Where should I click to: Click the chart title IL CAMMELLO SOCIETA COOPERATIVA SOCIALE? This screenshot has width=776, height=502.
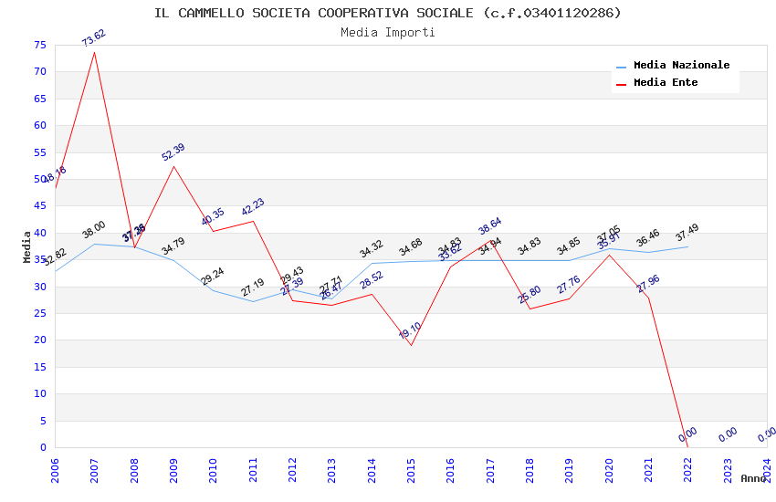pyautogui.click(x=387, y=13)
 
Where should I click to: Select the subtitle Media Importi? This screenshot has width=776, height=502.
pyautogui.click(x=387, y=32)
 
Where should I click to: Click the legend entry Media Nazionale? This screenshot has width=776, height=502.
pyautogui.click(x=681, y=66)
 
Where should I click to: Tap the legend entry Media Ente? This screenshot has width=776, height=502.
pyautogui.click(x=666, y=83)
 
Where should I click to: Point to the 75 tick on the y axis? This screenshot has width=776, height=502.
pyautogui.click(x=37, y=45)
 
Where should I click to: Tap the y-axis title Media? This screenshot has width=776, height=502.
pyautogui.click(x=27, y=246)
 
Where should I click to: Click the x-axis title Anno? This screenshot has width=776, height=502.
pyautogui.click(x=753, y=478)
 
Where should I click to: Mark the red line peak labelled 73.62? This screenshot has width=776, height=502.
pyautogui.click(x=95, y=52)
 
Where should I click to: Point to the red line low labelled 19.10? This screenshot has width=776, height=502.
pyautogui.click(x=411, y=345)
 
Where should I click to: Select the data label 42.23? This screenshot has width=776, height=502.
pyautogui.click(x=253, y=207)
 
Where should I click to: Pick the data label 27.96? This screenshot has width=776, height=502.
pyautogui.click(x=648, y=284)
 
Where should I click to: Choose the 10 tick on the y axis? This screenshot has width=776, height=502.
pyautogui.click(x=37, y=394)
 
